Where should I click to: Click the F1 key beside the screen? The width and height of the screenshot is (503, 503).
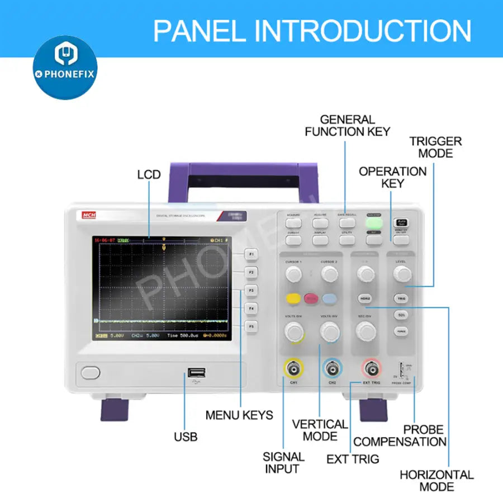251,255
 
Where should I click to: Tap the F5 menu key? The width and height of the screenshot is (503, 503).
251,326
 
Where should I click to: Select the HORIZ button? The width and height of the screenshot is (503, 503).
365,298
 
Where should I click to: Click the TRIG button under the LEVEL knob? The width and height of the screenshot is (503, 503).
401,298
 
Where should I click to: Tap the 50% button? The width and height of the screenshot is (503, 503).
401,315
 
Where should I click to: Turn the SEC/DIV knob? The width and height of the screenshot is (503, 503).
365,331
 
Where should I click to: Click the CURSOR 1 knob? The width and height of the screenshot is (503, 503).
293,273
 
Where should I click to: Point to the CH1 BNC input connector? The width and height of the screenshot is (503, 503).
293,369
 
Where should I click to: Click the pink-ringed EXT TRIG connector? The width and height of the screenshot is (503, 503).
371,369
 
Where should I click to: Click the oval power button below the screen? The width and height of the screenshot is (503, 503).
90,372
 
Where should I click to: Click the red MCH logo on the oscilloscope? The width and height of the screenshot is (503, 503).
88,215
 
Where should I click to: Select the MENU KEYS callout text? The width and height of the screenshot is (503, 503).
239,415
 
